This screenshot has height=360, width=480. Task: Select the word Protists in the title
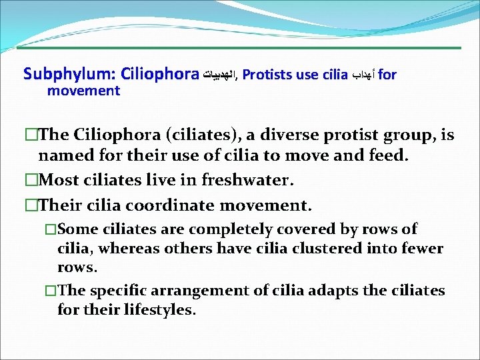pos(267,75)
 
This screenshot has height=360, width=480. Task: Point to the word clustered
pos(308,249)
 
